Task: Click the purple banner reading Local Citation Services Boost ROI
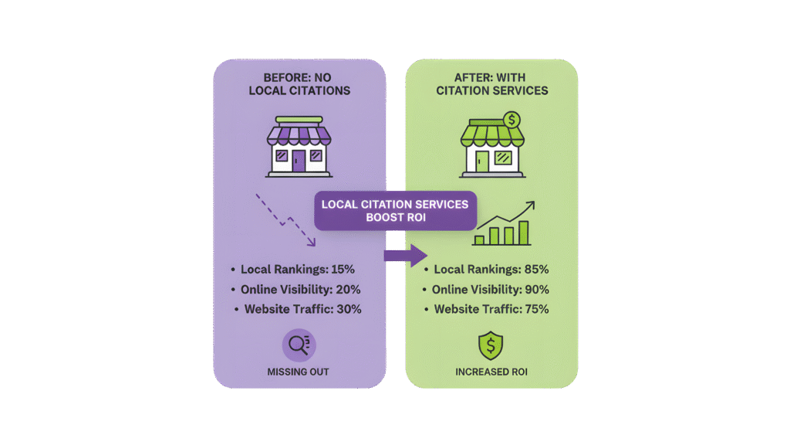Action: (x=395, y=210)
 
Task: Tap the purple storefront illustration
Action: (x=299, y=147)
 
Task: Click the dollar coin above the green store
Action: (x=510, y=120)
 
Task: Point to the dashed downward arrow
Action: (x=285, y=220)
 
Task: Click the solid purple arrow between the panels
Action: (x=406, y=255)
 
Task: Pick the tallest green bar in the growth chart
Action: (x=525, y=232)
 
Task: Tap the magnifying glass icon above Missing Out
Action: (x=299, y=345)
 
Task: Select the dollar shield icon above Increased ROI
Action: (x=490, y=345)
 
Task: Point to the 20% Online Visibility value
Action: (x=348, y=290)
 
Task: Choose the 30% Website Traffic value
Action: (x=348, y=309)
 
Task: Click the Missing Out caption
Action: (x=299, y=372)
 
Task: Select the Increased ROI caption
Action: (x=491, y=372)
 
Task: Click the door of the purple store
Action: (x=299, y=161)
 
